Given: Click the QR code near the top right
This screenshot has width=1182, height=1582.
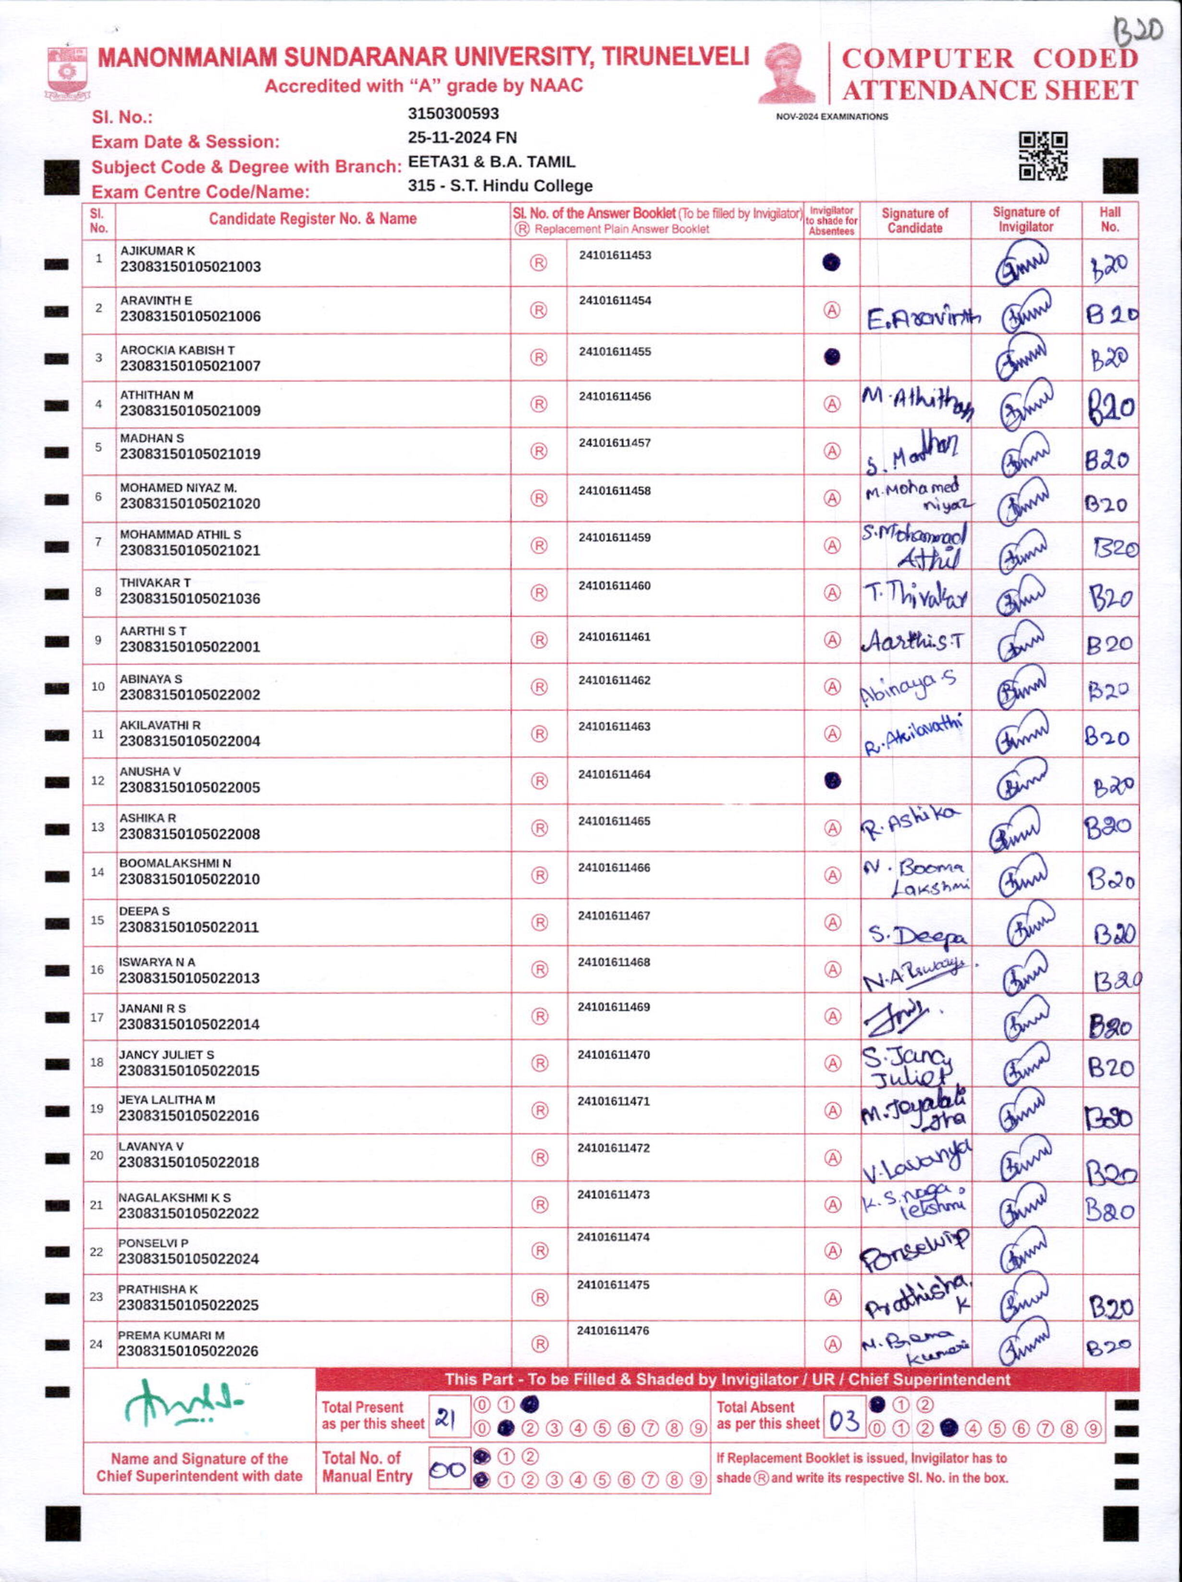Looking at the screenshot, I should click(1043, 155).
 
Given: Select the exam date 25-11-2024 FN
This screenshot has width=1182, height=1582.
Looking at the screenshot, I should click(462, 137).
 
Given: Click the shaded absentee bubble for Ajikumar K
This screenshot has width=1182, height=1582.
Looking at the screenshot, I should click(831, 263).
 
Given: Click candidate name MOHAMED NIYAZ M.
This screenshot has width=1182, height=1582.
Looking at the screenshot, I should click(178, 488).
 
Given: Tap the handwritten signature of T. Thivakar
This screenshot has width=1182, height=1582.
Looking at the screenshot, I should click(915, 595).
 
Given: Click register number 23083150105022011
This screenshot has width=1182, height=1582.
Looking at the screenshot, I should click(189, 927).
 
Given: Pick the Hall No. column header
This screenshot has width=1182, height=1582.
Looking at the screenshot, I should click(1110, 220).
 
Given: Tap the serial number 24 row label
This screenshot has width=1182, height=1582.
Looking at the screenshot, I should click(97, 1344).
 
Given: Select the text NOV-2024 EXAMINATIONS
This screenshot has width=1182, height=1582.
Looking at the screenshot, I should click(832, 117).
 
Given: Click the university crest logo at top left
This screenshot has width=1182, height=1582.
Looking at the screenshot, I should click(68, 72).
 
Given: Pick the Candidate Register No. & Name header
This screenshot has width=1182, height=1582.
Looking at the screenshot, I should click(312, 219).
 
